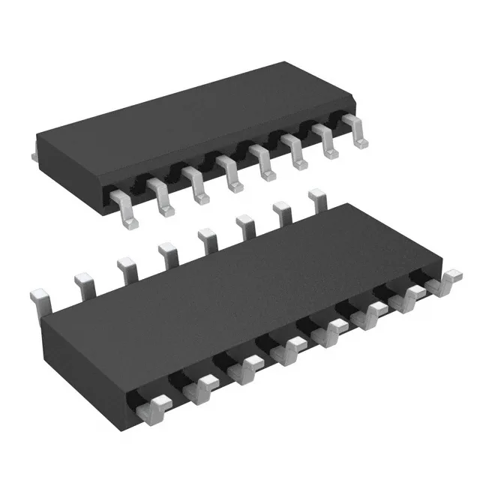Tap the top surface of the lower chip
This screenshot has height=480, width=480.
[x=247, y=277]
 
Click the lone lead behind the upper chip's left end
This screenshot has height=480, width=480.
[x=33, y=154]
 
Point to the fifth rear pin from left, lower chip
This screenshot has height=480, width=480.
[x=205, y=240]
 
